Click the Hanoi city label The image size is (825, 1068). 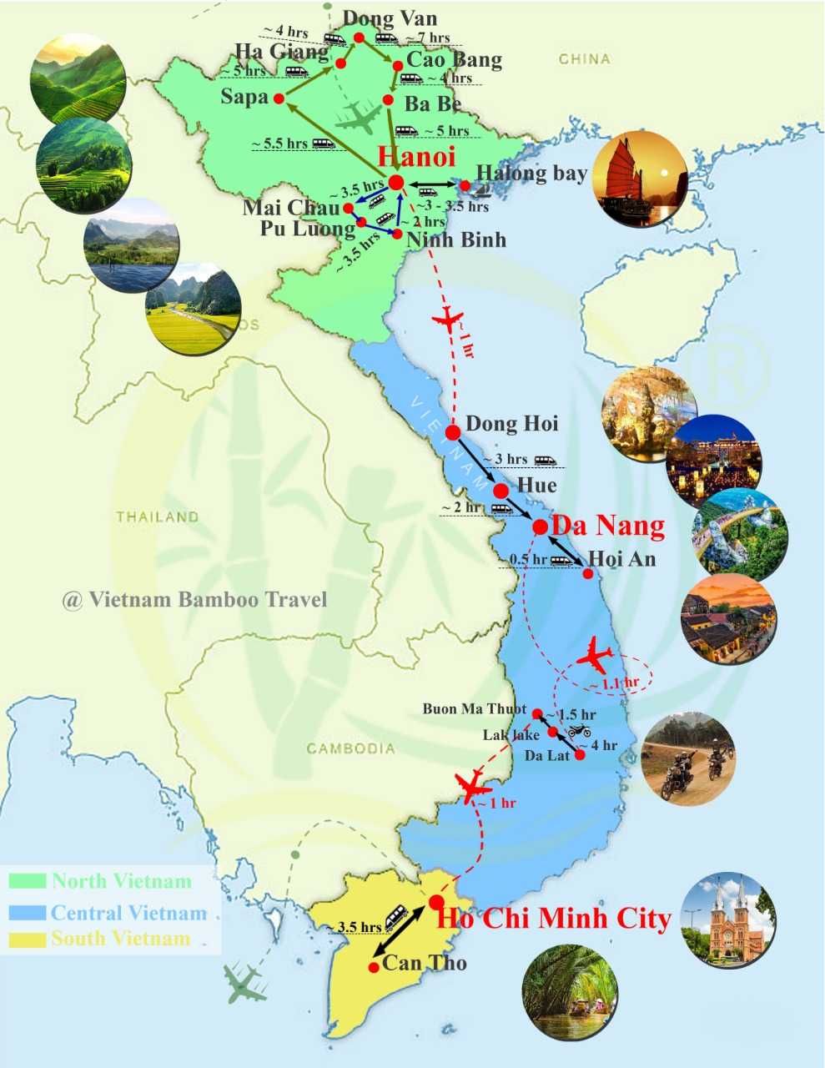click(416, 157)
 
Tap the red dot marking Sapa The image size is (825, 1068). click(279, 98)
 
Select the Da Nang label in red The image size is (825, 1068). click(609, 526)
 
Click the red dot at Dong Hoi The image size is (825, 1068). click(453, 432)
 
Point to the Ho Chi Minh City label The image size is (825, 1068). click(555, 919)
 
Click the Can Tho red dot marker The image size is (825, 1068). click(375, 967)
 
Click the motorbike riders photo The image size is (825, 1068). click(688, 759)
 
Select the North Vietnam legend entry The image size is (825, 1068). click(121, 881)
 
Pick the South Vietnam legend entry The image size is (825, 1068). click(120, 939)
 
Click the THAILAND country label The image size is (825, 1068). click(158, 517)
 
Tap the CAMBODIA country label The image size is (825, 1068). click(350, 748)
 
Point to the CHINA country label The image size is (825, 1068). click(584, 59)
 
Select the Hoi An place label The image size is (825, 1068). click(621, 559)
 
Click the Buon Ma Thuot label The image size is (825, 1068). click(475, 709)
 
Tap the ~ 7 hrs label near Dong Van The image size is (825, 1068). click(428, 38)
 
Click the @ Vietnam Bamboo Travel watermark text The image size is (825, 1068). click(194, 599)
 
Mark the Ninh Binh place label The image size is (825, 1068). click(455, 239)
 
